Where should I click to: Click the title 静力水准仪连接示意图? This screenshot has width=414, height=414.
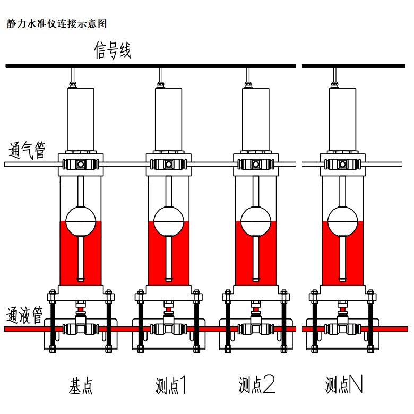[x=57, y=24]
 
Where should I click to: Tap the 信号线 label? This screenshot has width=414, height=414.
[x=113, y=51]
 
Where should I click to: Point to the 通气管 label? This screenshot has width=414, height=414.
[x=27, y=151]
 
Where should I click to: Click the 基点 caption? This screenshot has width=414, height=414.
[x=81, y=386]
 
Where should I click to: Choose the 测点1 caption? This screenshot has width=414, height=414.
[x=170, y=386]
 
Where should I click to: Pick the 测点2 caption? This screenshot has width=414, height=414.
[x=257, y=386]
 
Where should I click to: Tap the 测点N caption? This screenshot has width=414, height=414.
[x=344, y=386]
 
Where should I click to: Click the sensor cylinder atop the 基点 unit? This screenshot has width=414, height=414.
[x=81, y=118]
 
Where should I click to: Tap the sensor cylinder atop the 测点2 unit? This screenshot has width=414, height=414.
[x=256, y=118]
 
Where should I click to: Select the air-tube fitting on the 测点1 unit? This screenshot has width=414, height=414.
[x=168, y=164]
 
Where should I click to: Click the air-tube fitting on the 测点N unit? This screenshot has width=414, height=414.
[x=342, y=164]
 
